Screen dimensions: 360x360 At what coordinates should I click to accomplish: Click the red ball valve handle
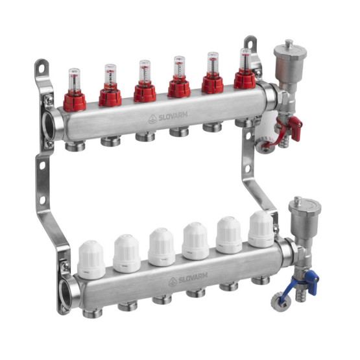(x=296, y=128)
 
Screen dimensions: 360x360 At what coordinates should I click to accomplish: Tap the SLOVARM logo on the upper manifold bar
(x=168, y=117)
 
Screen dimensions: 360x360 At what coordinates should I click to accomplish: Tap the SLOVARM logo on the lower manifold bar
(x=188, y=278)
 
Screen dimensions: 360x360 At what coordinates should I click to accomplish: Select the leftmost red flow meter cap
(x=75, y=102)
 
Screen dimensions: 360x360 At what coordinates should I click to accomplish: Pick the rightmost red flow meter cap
(x=245, y=80)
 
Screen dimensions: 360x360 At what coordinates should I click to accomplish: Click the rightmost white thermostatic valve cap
(x=261, y=230)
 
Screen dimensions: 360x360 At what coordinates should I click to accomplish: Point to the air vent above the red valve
(x=290, y=62)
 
